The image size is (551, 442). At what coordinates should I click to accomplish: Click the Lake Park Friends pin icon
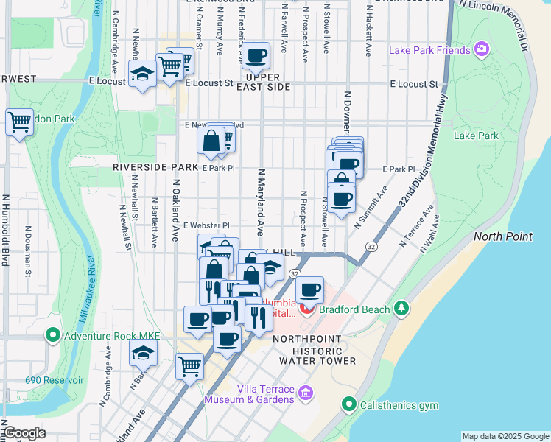482,49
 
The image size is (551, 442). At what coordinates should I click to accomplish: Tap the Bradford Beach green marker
401,308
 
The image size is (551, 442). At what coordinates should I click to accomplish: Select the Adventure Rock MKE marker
52,337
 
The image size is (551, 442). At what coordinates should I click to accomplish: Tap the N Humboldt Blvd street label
5,229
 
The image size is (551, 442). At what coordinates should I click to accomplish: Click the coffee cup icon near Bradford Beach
310,290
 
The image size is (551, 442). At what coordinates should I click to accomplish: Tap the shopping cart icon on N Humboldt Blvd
18,122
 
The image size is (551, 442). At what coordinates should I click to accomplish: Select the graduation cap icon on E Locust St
142,73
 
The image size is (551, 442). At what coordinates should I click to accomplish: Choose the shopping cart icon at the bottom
189,365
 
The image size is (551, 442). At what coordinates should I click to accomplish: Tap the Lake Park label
476,136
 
